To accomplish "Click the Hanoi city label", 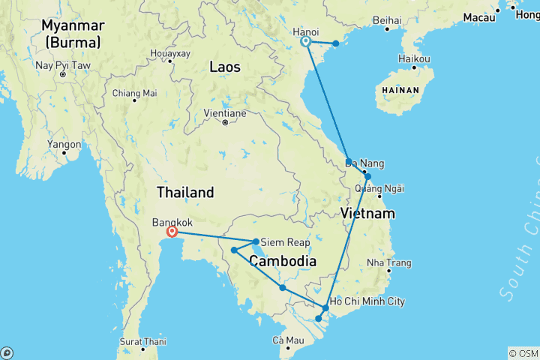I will click(x=306, y=31).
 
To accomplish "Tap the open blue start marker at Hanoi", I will click(x=306, y=42).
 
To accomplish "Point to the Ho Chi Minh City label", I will click(x=367, y=301).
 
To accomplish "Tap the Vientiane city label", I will click(x=225, y=113).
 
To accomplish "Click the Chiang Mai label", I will click(x=134, y=93).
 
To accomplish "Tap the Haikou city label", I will click(x=414, y=58).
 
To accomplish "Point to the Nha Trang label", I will click(x=389, y=263).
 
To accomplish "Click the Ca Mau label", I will click(x=289, y=341).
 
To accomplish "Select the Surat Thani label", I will click(x=142, y=341).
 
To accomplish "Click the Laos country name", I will click(x=224, y=67).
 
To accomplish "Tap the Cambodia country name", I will click(x=281, y=261).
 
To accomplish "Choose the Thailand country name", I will click(x=185, y=192).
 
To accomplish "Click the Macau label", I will click(x=479, y=16).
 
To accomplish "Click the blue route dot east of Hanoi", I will click(x=336, y=43).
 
